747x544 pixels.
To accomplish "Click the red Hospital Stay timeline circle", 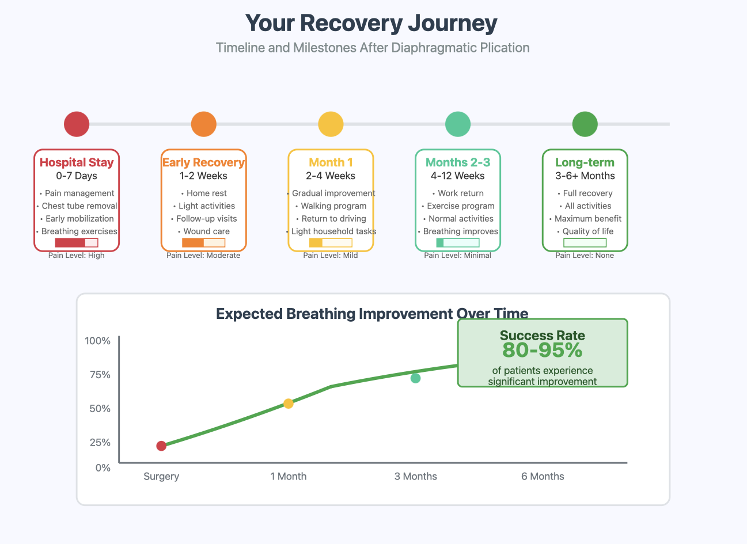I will (77, 124).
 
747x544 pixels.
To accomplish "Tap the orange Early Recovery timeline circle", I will (203, 124).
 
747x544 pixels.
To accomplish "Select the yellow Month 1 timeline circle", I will (331, 124).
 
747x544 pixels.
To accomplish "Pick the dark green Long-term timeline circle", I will (585, 124).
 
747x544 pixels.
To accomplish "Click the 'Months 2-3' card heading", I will (458, 162).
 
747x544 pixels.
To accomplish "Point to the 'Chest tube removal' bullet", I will (79, 206).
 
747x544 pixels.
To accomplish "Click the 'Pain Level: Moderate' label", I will (203, 255).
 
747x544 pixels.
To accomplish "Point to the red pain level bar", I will (77, 243).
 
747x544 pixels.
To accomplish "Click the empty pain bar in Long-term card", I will (585, 243).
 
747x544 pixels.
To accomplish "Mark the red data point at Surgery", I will (161, 446).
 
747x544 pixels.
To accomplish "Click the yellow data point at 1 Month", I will (289, 404).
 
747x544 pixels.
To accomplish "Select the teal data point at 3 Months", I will (415, 378).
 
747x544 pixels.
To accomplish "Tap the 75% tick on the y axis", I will (98, 375).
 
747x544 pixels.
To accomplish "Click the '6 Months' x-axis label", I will (543, 477).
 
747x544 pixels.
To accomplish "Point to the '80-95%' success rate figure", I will (542, 350).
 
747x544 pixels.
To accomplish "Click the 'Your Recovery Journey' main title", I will (371, 23).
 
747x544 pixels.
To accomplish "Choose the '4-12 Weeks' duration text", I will (458, 176).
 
